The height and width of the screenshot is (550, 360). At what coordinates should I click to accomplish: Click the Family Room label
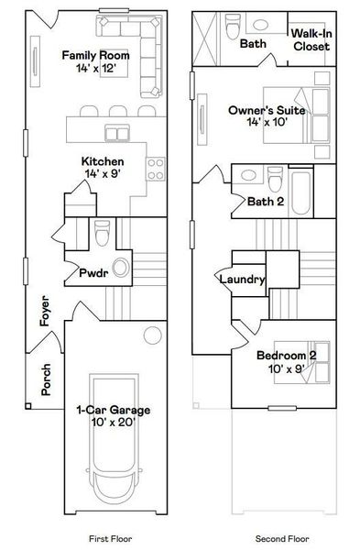(x=95, y=61)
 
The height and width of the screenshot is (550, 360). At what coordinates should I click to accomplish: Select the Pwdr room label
(x=92, y=272)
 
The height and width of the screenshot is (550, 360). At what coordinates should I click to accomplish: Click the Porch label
(x=47, y=379)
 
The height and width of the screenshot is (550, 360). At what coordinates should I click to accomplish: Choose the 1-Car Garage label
(x=113, y=416)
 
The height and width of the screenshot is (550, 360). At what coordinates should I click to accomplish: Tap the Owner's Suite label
(x=259, y=115)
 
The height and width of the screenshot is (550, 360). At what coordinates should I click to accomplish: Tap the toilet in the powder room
(x=103, y=236)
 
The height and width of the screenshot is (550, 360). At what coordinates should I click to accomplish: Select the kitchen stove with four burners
(x=157, y=169)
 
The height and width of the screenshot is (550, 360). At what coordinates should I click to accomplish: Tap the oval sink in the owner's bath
(x=258, y=25)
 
